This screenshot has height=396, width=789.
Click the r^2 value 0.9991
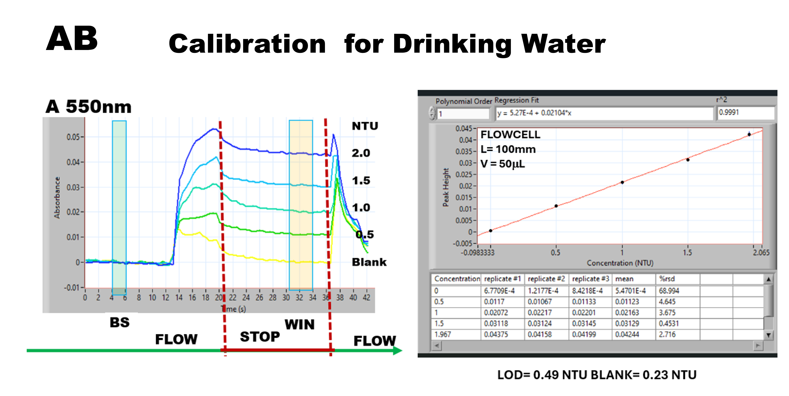point(729,113)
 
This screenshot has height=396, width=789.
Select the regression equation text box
point(603,113)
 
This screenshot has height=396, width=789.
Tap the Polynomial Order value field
point(462,114)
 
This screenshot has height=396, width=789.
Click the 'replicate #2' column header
point(546,279)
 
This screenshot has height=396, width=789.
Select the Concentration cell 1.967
point(443,334)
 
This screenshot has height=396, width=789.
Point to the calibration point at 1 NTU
point(622,182)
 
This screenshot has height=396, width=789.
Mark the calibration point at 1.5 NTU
point(688,160)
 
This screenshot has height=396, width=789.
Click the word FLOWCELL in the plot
point(510,135)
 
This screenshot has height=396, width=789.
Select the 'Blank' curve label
point(369,262)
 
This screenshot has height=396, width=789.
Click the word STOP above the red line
point(260,337)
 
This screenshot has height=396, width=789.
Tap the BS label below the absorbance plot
point(120,323)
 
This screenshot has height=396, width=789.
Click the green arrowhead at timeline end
point(397,351)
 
